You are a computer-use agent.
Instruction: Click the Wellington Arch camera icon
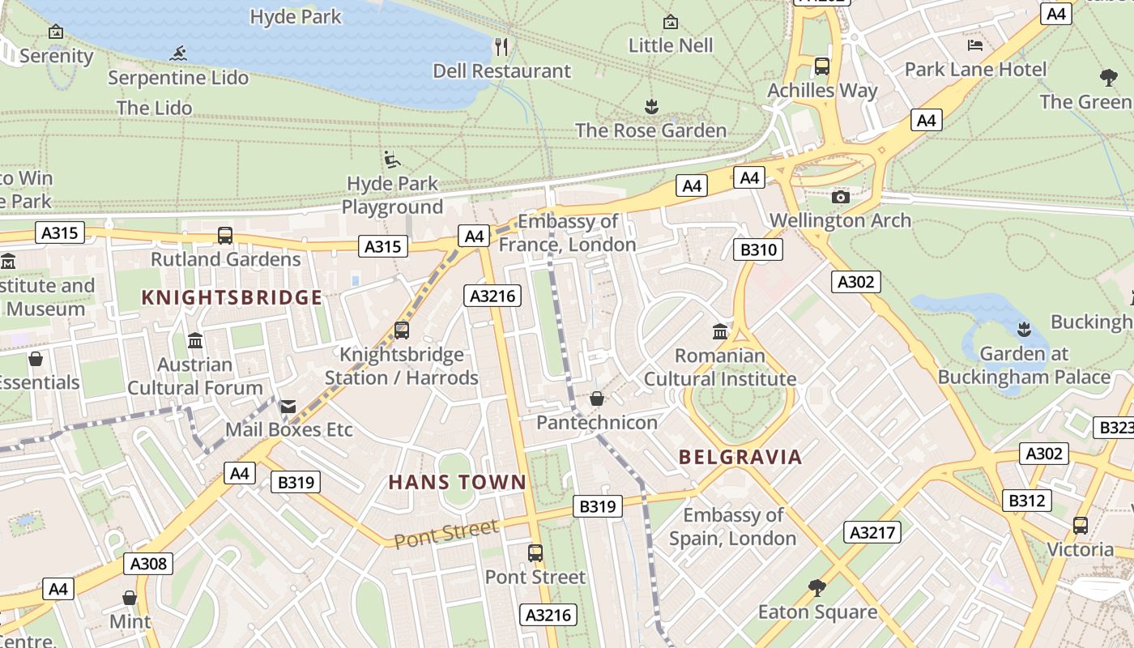tap(841, 197)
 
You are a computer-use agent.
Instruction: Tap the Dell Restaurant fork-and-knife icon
tap(501, 47)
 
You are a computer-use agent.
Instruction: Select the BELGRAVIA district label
tap(740, 457)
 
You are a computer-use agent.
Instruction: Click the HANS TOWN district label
tap(458, 483)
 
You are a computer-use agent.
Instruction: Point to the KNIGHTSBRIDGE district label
tap(232, 297)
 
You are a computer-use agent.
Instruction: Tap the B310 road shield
tap(759, 249)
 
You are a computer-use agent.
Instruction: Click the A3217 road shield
tap(872, 532)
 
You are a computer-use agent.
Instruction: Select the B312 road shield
tap(1026, 501)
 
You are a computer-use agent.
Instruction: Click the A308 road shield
tap(148, 564)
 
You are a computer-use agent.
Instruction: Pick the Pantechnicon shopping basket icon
tap(597, 399)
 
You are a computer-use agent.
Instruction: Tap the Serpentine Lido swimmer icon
tap(178, 54)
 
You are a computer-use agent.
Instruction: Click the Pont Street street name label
tap(446, 534)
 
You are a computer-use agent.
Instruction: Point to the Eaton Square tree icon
tap(817, 587)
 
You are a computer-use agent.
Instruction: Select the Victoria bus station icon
tap(1080, 525)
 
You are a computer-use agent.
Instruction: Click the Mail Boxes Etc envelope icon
tap(288, 406)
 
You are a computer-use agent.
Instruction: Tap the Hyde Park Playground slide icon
tap(392, 159)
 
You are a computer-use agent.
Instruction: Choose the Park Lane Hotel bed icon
tap(975, 45)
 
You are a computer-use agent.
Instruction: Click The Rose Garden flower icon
tap(651, 106)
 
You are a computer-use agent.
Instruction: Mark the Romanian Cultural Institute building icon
tap(720, 331)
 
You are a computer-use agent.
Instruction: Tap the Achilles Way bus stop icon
tap(822, 66)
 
